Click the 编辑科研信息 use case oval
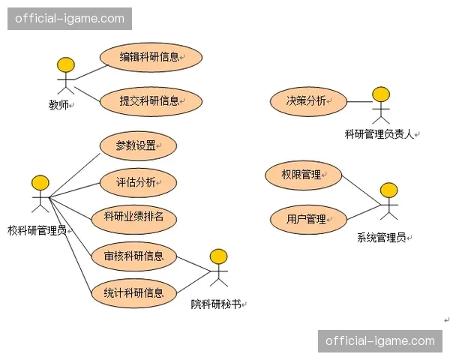point(150,57)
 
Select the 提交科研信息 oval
point(150,101)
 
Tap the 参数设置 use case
point(136,146)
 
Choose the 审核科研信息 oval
point(133,256)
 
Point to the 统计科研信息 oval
point(133,293)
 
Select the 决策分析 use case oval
point(307,101)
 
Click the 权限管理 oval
point(302,175)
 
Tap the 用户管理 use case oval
point(307,220)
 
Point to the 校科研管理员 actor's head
point(40,183)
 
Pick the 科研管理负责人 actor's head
point(382,94)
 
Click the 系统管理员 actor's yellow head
point(388,190)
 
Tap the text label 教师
point(58,106)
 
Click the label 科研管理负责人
point(379,135)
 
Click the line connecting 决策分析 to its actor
point(358,101)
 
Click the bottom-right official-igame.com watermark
point(380,341)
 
